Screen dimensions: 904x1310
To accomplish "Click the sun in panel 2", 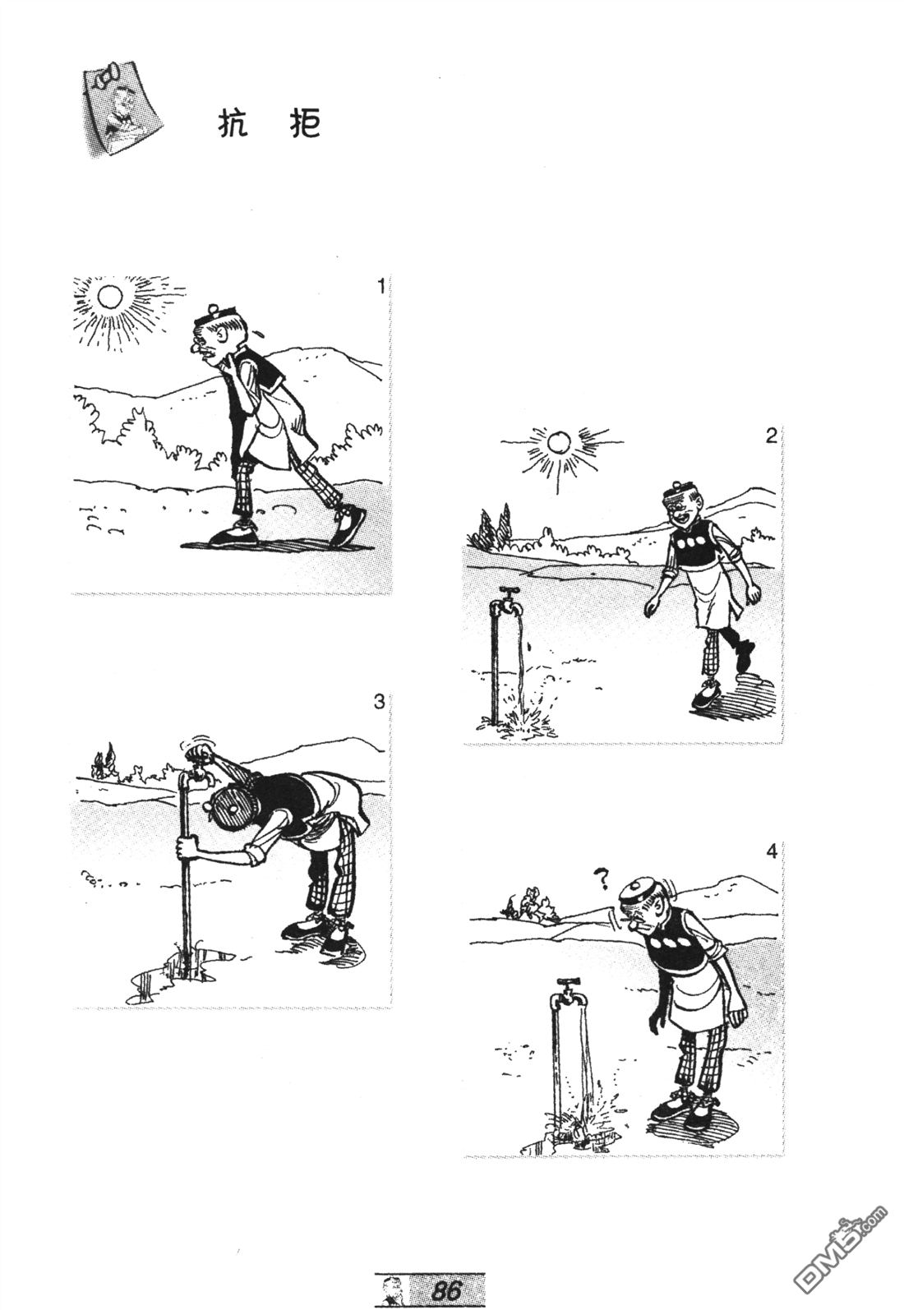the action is tap(558, 441).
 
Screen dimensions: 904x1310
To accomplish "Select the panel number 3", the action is tap(379, 701).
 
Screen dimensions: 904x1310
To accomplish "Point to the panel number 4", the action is tap(771, 852).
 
